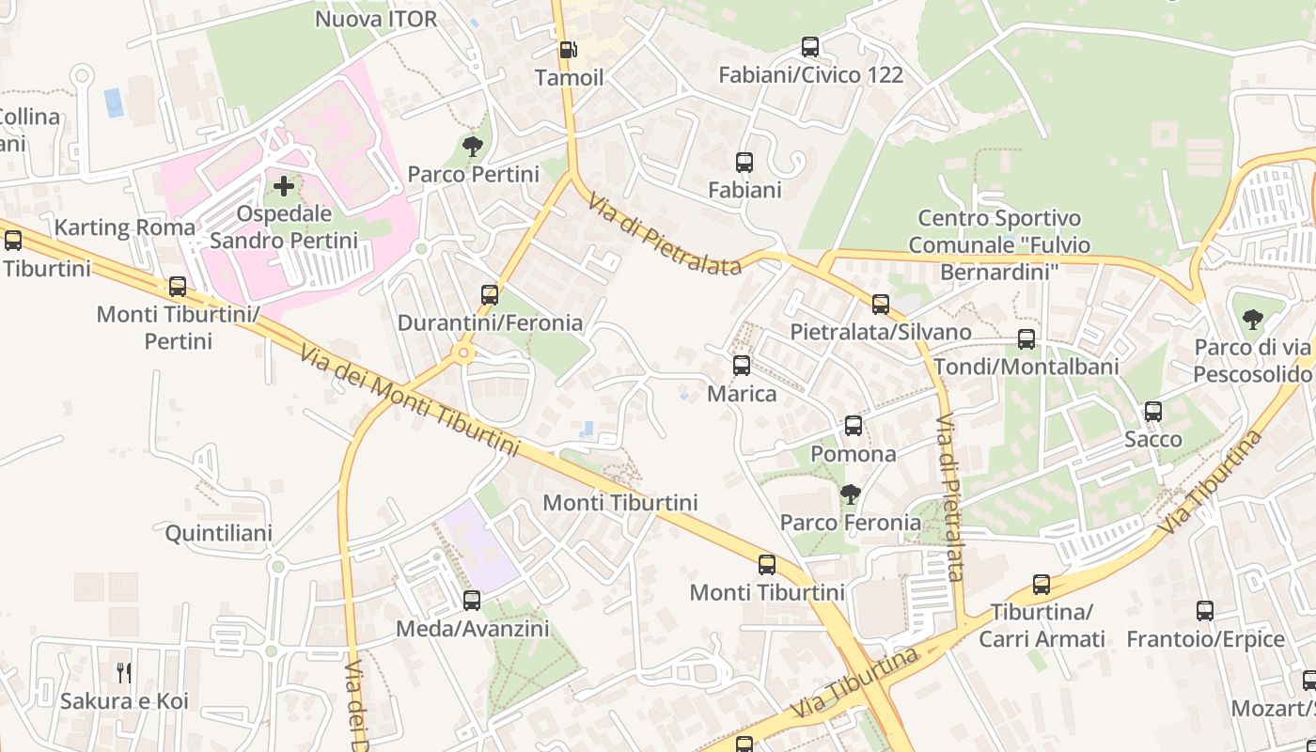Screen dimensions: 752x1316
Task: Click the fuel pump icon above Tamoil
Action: pos(568,50)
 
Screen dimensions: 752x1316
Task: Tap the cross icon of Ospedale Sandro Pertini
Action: pos(284,186)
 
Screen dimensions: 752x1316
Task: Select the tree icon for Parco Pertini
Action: pos(473,147)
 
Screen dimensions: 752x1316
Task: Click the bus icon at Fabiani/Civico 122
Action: pos(809,47)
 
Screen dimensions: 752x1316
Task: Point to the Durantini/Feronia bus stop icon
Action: pos(489,295)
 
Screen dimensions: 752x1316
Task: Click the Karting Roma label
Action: pos(125,227)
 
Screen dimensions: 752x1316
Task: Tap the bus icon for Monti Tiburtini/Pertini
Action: pos(178,287)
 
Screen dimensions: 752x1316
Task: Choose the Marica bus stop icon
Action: pos(742,366)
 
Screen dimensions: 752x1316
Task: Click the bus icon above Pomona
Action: pos(853,426)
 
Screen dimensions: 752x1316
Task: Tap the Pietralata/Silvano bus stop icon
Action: pos(881,305)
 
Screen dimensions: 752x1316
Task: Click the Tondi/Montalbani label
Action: pos(1026,367)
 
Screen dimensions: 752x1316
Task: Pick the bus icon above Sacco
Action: pos(1153,412)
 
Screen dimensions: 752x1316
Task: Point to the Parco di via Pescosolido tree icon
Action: pos(1252,321)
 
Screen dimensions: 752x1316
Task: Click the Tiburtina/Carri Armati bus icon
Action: pos(1042,585)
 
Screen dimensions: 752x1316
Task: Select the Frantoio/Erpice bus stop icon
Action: pos(1205,611)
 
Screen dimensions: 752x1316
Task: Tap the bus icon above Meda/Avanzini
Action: pos(472,601)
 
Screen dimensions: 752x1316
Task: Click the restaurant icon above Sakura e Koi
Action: pos(124,672)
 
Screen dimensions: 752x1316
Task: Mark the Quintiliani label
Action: pos(219,534)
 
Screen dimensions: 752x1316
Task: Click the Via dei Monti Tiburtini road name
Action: pos(410,402)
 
